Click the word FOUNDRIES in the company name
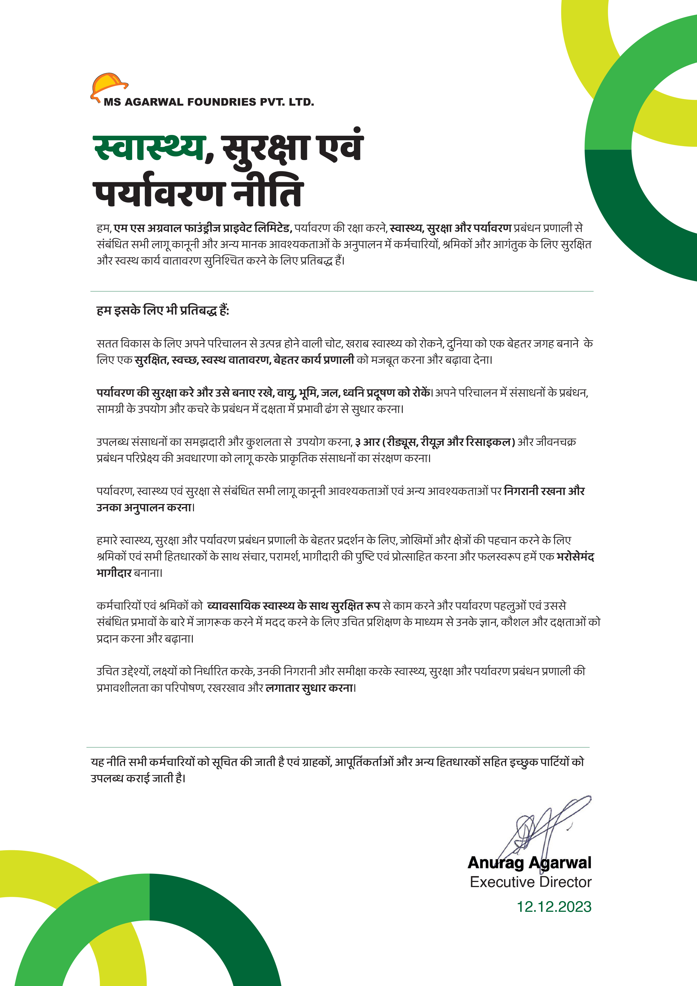click(x=222, y=102)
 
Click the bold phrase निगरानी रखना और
click(x=544, y=491)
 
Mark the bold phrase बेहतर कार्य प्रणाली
click(x=314, y=359)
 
